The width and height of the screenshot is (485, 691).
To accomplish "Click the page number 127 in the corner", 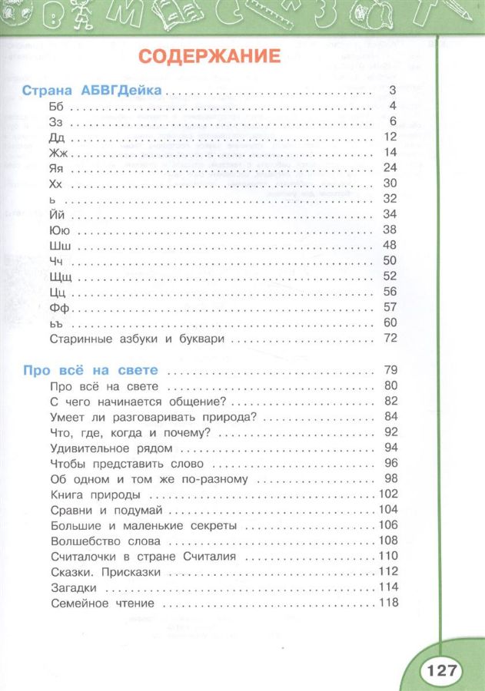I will click(441, 670).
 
